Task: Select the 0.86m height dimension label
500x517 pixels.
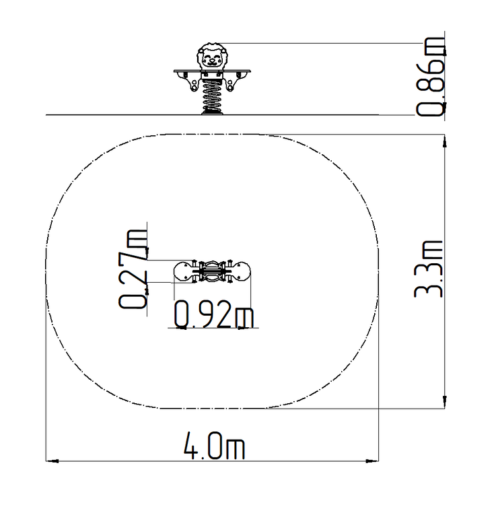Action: point(430,77)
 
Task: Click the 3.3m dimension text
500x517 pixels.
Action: point(429,269)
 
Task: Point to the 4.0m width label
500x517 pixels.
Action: point(214,446)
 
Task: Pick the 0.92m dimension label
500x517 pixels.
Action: point(213,314)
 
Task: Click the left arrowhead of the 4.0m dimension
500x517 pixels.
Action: point(52,460)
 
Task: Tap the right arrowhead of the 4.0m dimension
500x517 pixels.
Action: point(372,460)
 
